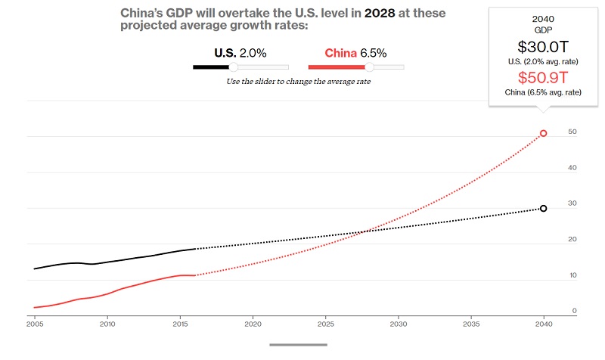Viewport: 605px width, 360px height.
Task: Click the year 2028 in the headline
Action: click(380, 13)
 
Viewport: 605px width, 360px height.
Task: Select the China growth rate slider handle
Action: click(370, 67)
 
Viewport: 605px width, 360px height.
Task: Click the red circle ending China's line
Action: click(543, 134)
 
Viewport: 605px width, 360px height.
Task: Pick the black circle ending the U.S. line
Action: click(543, 208)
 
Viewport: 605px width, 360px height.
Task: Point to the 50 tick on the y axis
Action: click(573, 132)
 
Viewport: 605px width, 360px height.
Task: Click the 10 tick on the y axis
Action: click(573, 275)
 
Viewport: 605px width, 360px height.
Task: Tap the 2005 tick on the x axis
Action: click(34, 323)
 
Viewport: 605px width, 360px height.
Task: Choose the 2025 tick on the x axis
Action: click(325, 323)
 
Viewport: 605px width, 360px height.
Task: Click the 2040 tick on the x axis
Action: click(544, 323)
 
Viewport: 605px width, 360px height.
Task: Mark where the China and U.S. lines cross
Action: click(366, 231)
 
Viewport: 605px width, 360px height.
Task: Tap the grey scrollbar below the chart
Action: click(299, 345)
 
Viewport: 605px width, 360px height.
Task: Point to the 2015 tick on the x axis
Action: click(179, 323)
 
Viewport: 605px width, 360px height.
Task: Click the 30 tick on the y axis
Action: click(573, 203)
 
